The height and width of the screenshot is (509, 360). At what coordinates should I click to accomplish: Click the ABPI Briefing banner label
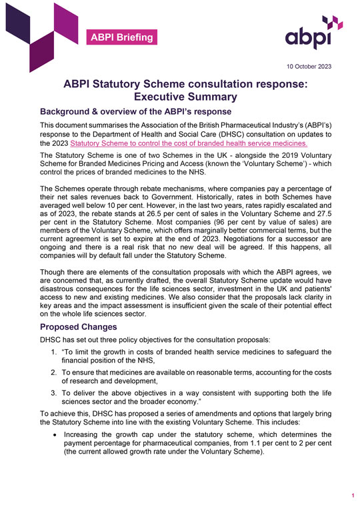point(123,37)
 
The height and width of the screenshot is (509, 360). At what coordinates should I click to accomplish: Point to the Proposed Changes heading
point(79,327)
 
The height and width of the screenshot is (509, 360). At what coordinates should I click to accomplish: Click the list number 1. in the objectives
point(55,352)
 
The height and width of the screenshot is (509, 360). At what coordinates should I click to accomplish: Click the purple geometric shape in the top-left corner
point(33,30)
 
